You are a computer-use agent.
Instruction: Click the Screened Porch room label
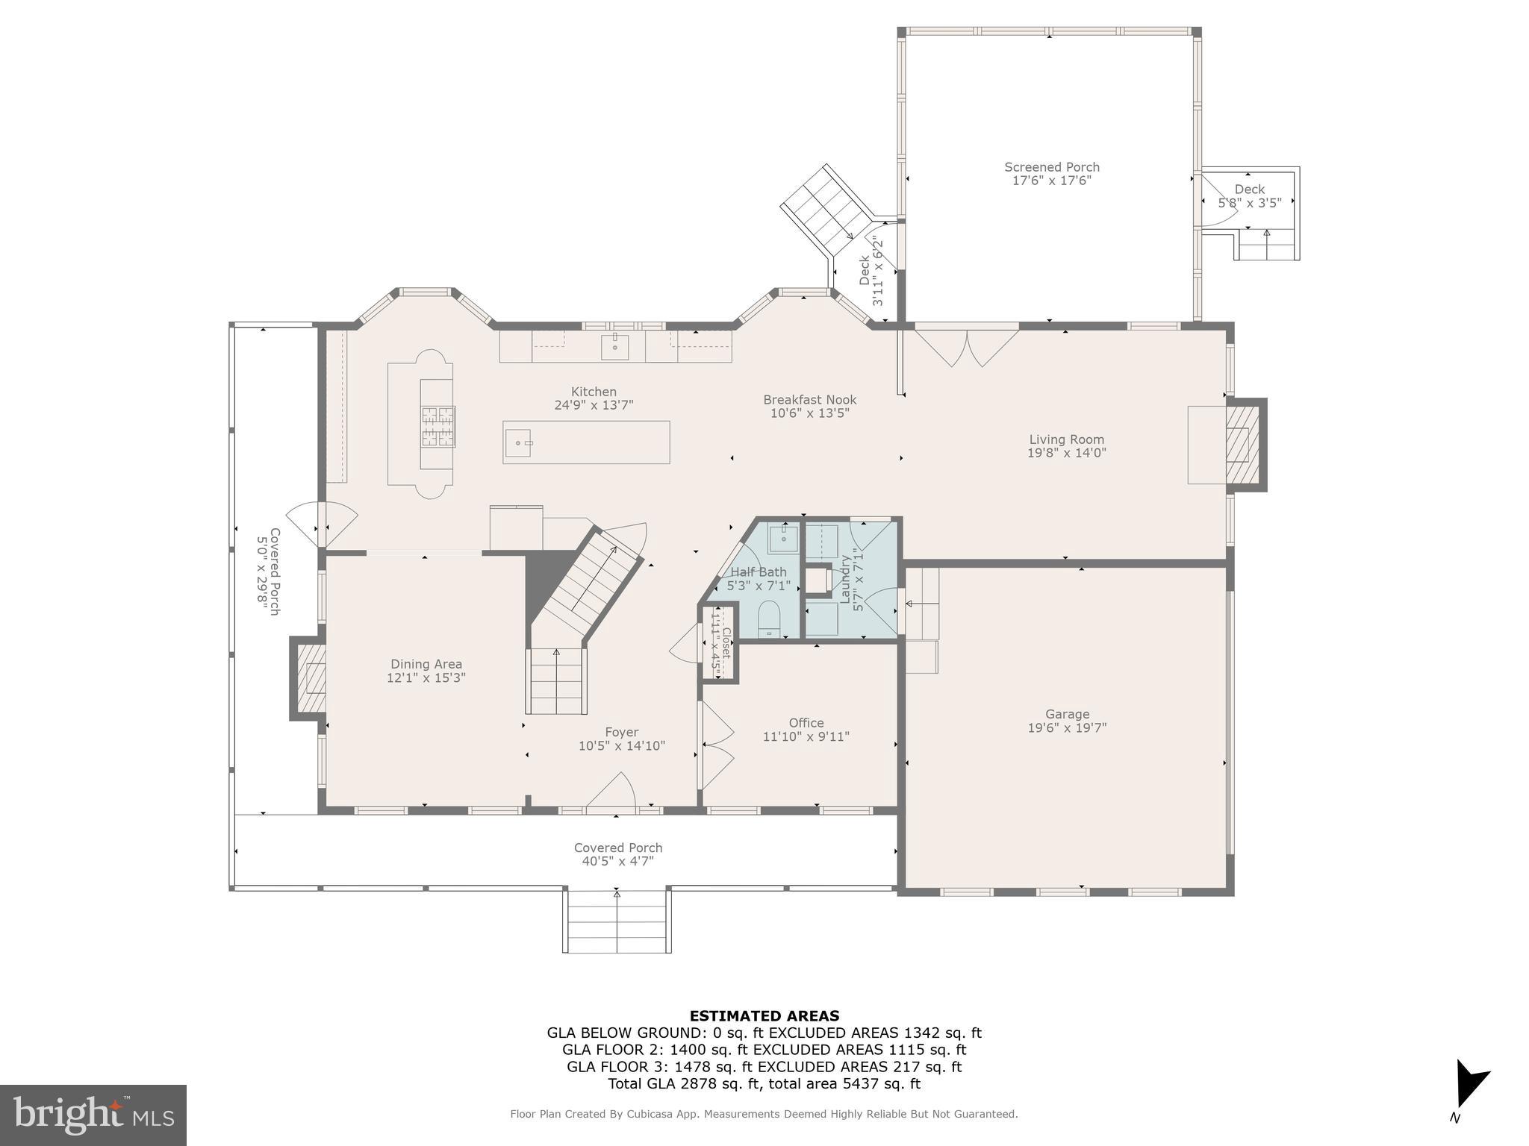point(1051,167)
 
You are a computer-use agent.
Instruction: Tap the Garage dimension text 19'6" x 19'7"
point(1067,728)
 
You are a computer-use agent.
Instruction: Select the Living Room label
point(1066,439)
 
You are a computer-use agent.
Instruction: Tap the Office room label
point(806,723)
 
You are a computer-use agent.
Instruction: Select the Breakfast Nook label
point(809,400)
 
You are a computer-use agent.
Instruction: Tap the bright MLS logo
point(93,1115)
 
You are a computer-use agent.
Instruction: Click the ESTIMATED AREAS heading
point(764,1015)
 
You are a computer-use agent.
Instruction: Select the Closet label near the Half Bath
point(725,642)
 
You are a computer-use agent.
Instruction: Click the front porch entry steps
point(617,922)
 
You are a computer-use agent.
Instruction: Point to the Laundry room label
point(846,579)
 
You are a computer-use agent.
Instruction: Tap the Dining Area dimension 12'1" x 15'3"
point(426,678)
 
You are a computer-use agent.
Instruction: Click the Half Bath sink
point(784,538)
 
